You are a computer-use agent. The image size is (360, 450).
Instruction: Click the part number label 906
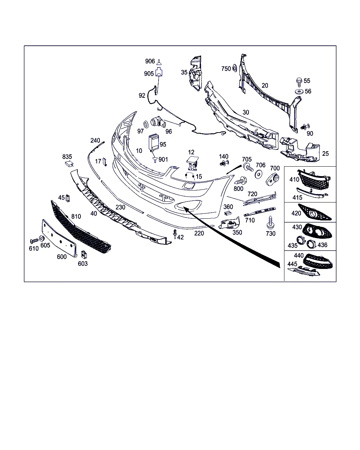150,61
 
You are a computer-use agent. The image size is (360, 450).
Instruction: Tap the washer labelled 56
299,92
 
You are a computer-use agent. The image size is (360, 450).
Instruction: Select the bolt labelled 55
299,82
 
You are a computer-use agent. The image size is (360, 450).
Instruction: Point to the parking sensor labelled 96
158,122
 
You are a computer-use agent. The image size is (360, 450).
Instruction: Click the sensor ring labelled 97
146,124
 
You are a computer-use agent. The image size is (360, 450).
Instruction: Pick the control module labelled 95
154,143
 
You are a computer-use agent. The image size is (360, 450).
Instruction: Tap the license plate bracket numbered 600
59,238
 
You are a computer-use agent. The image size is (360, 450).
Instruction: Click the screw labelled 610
34,241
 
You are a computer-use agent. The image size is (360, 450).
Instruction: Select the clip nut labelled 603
84,255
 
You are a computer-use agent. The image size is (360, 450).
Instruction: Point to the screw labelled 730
270,223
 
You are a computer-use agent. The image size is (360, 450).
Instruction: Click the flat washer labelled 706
258,174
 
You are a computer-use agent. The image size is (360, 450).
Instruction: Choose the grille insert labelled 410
314,179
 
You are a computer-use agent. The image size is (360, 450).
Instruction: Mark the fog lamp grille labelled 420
314,212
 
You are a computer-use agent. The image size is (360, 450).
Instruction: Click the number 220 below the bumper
199,233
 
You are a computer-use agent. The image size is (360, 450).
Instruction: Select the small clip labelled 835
69,164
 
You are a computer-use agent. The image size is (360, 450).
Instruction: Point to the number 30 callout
246,112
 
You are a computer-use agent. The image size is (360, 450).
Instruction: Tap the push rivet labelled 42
175,234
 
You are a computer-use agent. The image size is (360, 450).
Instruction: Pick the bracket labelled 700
272,179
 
